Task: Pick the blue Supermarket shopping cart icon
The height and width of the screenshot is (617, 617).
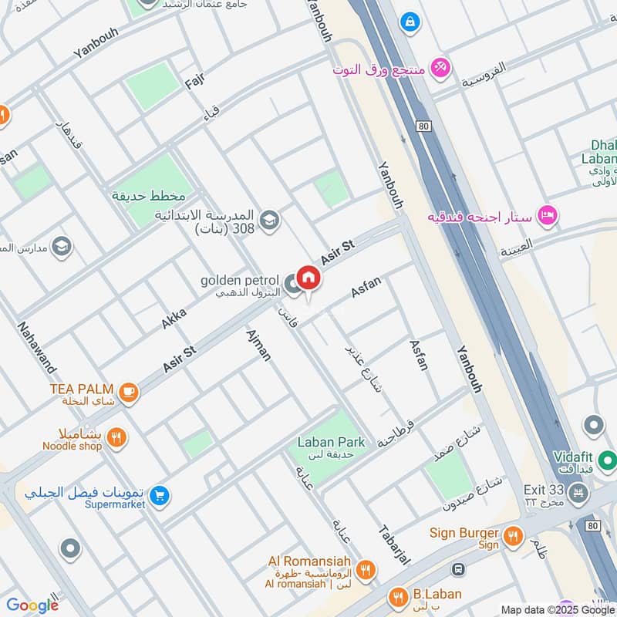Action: coord(160,494)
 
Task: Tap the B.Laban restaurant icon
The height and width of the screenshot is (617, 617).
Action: coord(398,596)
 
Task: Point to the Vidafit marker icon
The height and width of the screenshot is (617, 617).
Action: coord(593,425)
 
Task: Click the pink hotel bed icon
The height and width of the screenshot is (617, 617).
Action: coord(548,216)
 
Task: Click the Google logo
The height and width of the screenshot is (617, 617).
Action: coord(32,605)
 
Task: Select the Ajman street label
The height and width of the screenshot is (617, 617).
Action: coord(258,345)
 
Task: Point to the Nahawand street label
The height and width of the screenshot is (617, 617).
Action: coord(36,347)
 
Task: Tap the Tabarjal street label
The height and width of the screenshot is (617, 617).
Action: coord(393,545)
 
